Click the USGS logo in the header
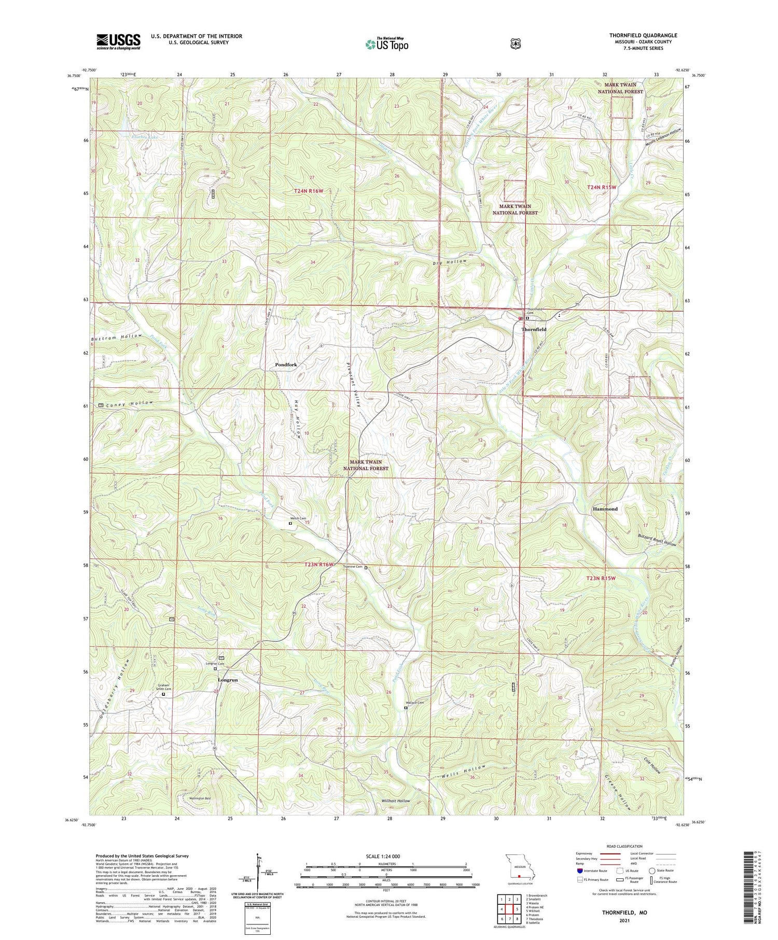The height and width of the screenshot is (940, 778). pos(118,41)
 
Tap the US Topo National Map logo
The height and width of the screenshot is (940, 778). pos(387,44)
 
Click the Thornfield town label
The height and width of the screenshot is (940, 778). pos(534,329)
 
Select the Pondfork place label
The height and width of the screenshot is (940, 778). pos(286,364)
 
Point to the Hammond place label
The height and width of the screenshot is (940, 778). pos(605,509)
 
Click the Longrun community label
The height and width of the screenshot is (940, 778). pos(228,680)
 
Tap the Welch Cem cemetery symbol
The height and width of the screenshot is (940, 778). pos(290,524)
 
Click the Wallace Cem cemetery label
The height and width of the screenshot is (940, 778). pos(414,703)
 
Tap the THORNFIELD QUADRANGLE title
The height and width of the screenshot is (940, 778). pos(643,35)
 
